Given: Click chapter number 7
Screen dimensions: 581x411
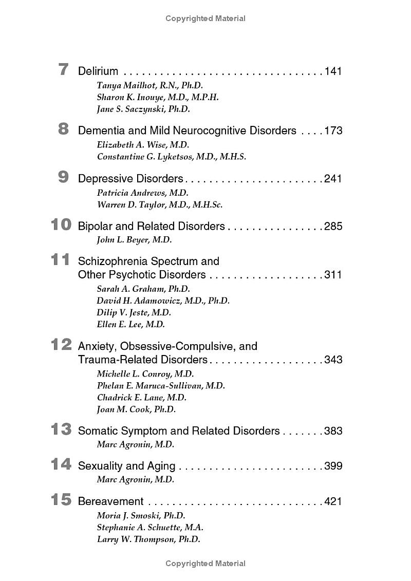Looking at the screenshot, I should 63,69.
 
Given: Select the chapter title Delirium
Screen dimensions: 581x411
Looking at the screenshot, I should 98,71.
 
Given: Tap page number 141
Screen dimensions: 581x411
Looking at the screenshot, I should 333,71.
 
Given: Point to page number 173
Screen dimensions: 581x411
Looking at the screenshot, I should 333,130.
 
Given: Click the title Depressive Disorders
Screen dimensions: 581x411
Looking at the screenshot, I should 130,178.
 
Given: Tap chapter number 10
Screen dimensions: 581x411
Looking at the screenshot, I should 61,224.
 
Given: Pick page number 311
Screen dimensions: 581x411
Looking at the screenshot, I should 333,274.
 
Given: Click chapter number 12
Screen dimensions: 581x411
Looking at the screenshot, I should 61,345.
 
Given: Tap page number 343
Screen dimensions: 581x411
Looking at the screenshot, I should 333,360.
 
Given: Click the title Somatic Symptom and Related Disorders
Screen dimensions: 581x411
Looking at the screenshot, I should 179,430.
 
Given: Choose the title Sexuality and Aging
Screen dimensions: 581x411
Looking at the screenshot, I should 126,466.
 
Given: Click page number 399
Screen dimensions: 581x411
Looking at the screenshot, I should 333,466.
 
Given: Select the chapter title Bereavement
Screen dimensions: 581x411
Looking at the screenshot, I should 110,501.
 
